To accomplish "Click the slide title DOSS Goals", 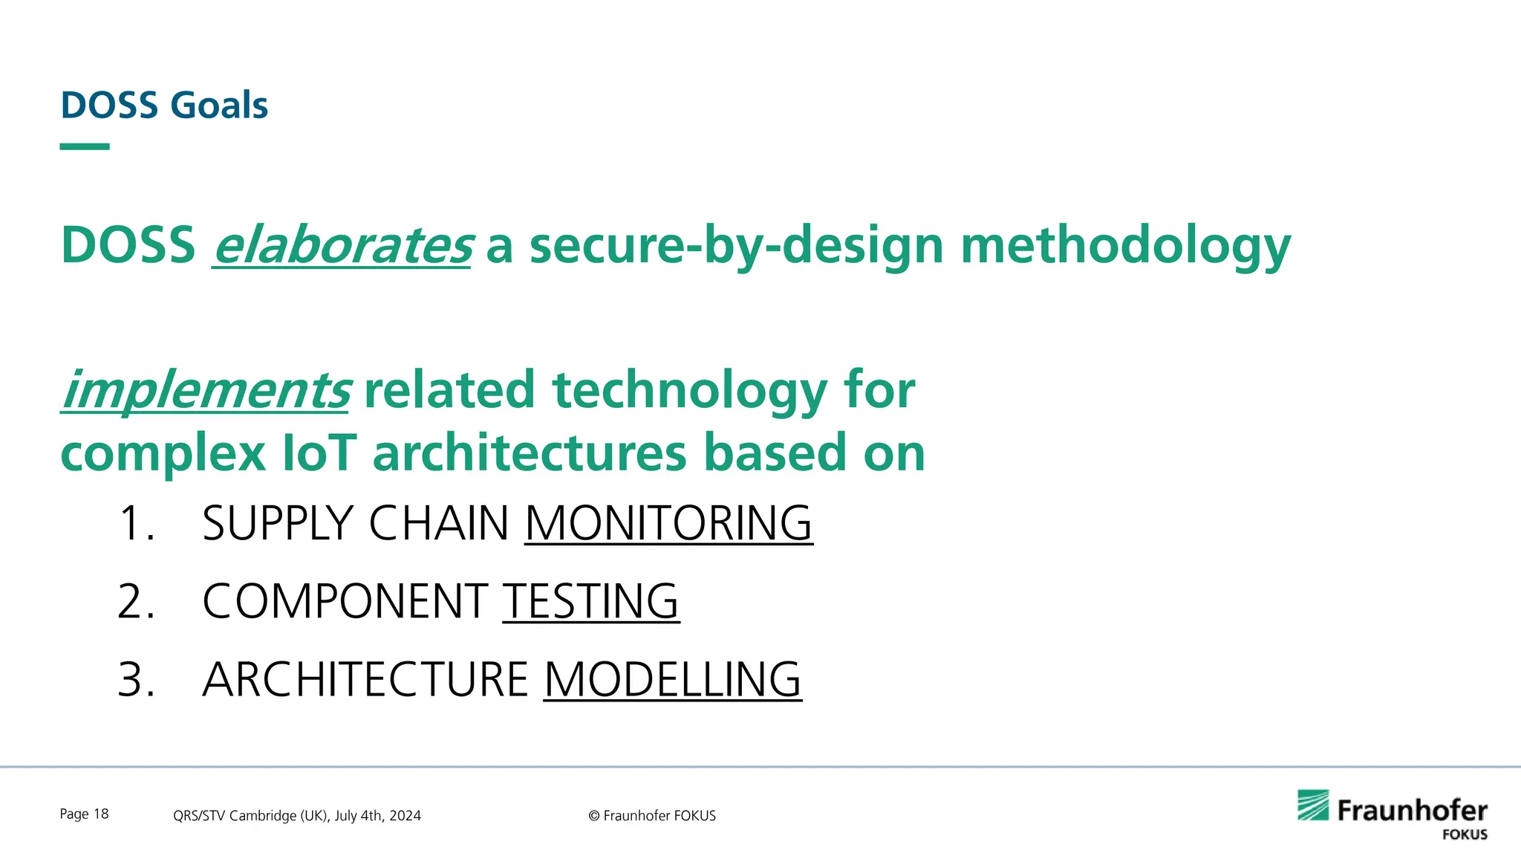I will pos(163,105).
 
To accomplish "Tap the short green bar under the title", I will pos(85,146).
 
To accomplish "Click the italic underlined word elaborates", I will pos(342,246).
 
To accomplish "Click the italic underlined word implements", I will pos(205,390).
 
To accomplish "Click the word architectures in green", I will pos(529,453).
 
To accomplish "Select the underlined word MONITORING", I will pos(668,522).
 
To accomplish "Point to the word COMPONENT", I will pos(345,600).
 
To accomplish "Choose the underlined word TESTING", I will pos(591,600).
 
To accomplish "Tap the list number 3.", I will pos(135,678).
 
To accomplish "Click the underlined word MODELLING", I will pos(673,678).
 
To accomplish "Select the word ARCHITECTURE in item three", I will pos(365,678).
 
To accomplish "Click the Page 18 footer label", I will pos(84,814).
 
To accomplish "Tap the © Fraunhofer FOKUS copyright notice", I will pos(652,815).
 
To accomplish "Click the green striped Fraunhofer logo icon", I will pos(1313,805).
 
